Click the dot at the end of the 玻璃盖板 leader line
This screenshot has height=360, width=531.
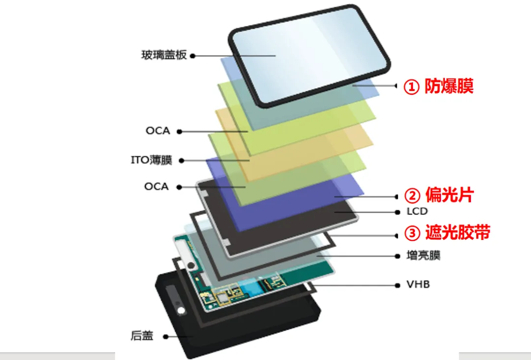(x=193, y=56)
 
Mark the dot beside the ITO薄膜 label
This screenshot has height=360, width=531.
(x=181, y=160)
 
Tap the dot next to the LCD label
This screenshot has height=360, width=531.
(x=398, y=212)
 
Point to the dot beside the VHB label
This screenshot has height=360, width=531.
(x=398, y=285)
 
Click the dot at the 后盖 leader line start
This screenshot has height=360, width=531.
(x=166, y=336)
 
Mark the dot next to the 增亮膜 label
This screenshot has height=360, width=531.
(x=398, y=256)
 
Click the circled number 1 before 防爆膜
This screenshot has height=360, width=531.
(x=412, y=87)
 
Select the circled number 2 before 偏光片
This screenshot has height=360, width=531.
(x=412, y=196)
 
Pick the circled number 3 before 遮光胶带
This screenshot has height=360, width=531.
(x=413, y=233)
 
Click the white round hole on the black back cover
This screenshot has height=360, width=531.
(x=181, y=310)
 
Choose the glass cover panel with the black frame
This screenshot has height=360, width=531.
(x=310, y=56)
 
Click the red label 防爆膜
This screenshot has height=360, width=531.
(x=449, y=86)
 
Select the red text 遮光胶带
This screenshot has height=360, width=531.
(x=458, y=233)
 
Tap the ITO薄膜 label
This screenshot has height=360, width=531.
(x=151, y=160)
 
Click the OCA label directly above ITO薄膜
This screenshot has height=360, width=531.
(x=158, y=131)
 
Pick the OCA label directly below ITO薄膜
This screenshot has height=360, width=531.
(x=156, y=186)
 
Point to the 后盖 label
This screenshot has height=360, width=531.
(x=142, y=335)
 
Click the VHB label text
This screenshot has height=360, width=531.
(x=418, y=284)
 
